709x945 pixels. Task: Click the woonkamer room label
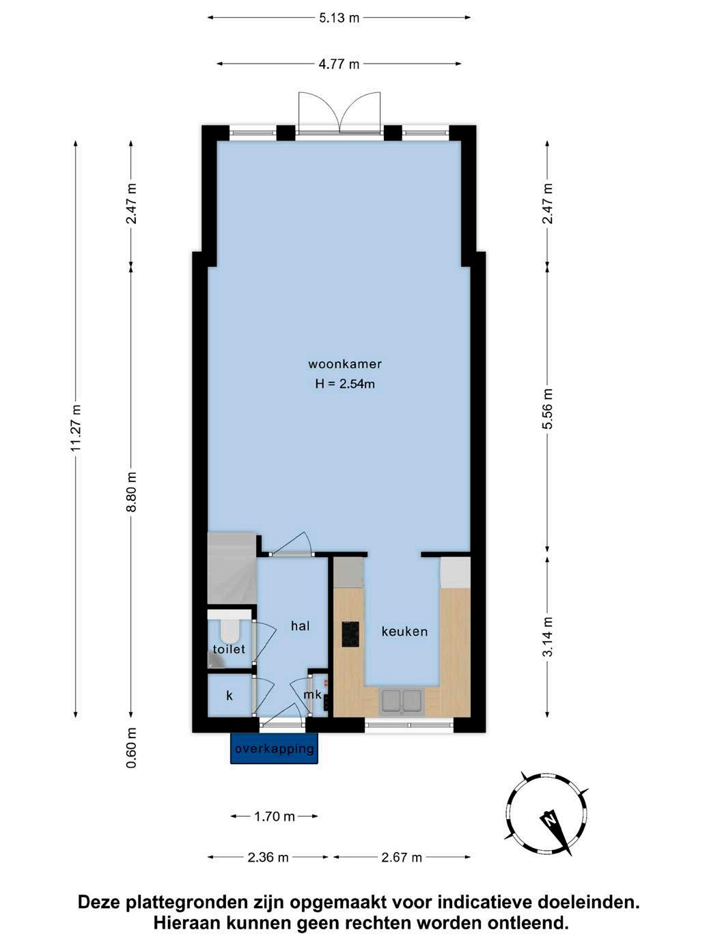tap(344, 364)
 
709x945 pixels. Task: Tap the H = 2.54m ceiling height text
tap(345, 384)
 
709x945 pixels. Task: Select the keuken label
tap(404, 632)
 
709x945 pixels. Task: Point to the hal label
tap(300, 625)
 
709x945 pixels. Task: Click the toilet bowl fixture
tap(230, 631)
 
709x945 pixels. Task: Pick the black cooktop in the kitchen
tap(350, 634)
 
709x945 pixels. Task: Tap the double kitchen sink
tap(400, 701)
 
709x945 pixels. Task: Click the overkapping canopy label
tap(274, 748)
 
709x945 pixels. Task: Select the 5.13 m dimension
tap(339, 18)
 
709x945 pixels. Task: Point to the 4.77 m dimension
tap(339, 64)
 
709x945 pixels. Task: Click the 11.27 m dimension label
tap(76, 428)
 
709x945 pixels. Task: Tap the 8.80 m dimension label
tap(131, 492)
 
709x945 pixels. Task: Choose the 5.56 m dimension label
tap(548, 409)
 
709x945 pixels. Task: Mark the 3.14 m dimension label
tap(548, 637)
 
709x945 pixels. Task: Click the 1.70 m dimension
tap(275, 816)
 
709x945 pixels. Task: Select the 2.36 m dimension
tap(268, 858)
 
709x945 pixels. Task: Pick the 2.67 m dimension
tap(401, 858)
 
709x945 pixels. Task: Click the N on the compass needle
tap(550, 819)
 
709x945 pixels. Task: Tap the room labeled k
tap(230, 695)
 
